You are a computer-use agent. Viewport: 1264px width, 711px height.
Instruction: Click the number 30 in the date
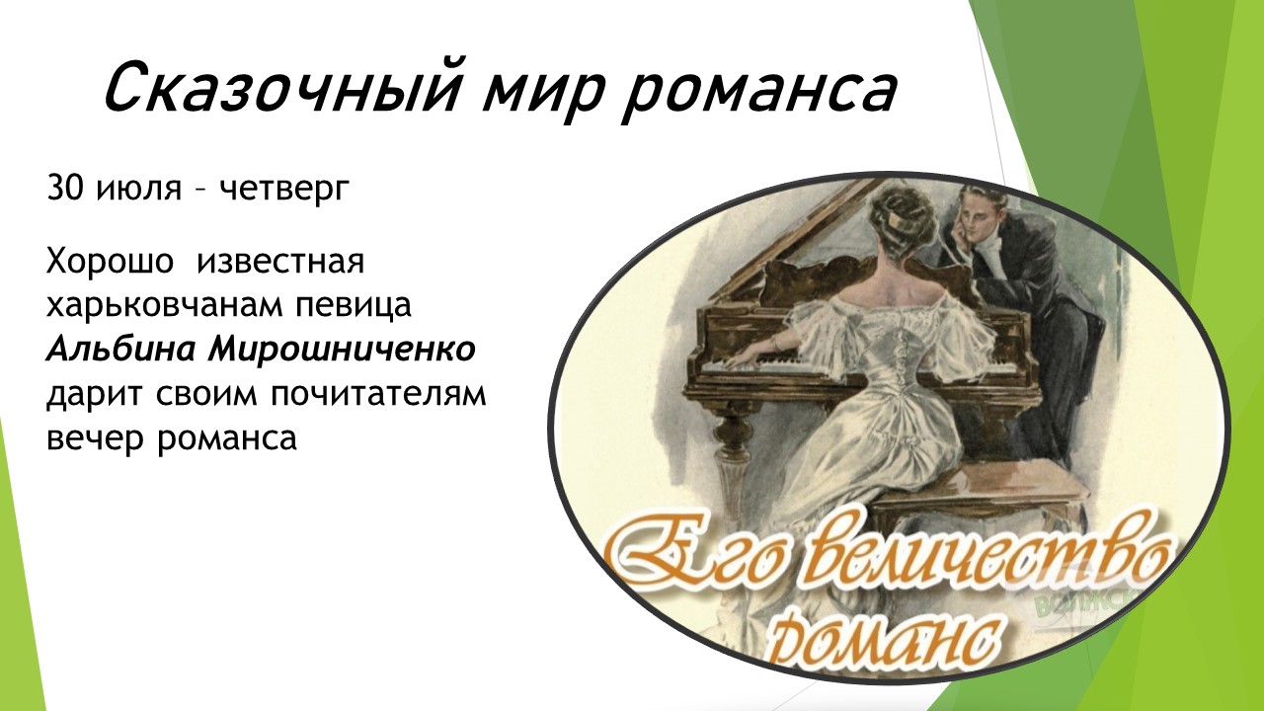click(65, 188)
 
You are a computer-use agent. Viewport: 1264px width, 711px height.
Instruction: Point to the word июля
click(139, 190)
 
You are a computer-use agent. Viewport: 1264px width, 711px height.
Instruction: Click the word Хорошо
click(110, 263)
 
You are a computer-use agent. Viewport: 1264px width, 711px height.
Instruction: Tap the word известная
click(280, 264)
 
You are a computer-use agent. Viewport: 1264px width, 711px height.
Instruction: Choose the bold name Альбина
click(119, 351)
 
